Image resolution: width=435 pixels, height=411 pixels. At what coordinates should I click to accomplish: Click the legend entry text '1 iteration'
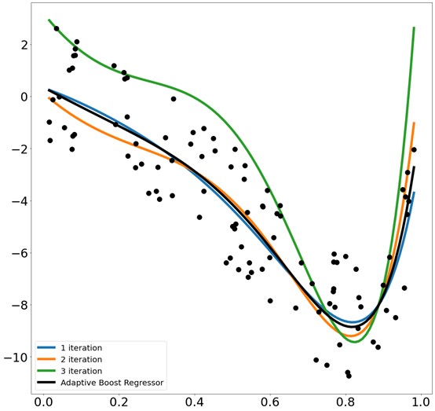click(x=82, y=347)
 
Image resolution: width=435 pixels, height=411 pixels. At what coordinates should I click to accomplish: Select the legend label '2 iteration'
click(x=82, y=358)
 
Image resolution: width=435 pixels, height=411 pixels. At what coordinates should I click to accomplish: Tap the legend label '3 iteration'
click(x=82, y=370)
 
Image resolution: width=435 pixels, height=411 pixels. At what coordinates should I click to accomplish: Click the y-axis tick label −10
click(x=15, y=358)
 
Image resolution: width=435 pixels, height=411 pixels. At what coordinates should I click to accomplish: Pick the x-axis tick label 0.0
click(x=42, y=401)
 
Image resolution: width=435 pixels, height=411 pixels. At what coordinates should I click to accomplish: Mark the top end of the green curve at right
click(x=414, y=28)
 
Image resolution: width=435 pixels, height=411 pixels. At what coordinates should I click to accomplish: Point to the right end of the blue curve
click(x=414, y=193)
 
